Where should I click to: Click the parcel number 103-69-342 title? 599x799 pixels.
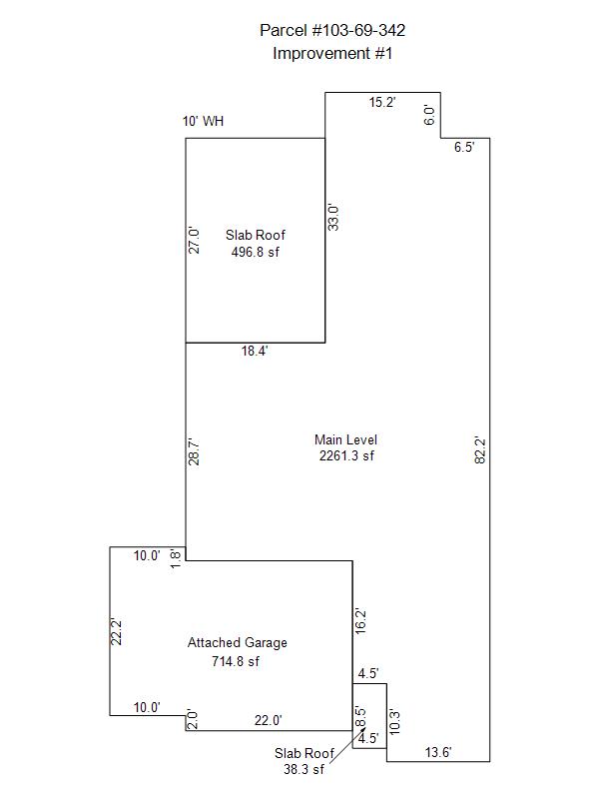coord(332,32)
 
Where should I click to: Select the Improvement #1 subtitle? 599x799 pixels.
coord(332,54)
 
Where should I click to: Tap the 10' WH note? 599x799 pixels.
coord(203,122)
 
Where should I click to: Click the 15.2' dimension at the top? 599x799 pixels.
coord(382,103)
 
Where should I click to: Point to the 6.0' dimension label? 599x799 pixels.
coord(429,115)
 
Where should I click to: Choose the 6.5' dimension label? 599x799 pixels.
coord(464,148)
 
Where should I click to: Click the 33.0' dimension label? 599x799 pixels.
coord(335,218)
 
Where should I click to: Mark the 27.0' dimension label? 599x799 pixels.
coord(196,240)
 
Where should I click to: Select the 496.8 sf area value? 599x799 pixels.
coord(256,253)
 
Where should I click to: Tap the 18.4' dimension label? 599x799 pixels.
coord(255,352)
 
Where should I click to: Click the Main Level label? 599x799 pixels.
coord(345,439)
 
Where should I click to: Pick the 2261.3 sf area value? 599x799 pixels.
coord(345,456)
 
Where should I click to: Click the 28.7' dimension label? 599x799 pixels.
coord(196,451)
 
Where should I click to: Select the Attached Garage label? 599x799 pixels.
coord(238,643)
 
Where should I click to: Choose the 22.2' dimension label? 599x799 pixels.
coord(117,631)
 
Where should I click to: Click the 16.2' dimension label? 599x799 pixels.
coord(361,620)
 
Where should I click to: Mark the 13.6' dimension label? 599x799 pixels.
coord(438,752)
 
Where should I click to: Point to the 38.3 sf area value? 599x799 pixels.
coord(304,770)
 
